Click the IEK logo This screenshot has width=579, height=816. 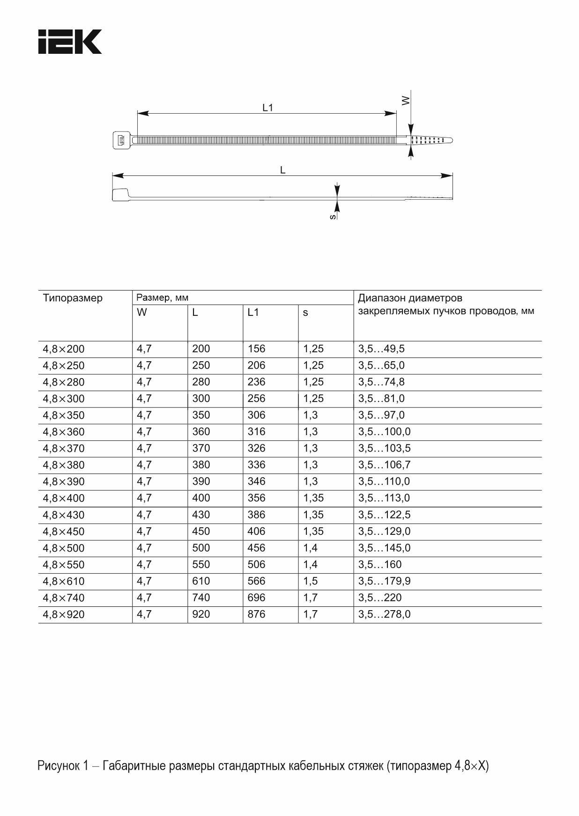[70, 42]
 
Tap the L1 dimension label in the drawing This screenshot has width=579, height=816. [267, 108]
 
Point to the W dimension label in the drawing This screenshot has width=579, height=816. [406, 100]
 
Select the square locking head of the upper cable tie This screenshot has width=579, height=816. [121, 140]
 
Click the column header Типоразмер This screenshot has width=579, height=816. [73, 298]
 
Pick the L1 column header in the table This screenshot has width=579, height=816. [253, 313]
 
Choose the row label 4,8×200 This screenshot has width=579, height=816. [64, 349]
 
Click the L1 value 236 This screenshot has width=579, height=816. [256, 382]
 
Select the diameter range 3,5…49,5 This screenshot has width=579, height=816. [381, 349]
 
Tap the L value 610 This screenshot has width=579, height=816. [201, 581]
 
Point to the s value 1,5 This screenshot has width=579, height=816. [310, 581]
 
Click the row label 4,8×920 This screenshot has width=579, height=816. [64, 614]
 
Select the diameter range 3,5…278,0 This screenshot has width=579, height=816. [384, 614]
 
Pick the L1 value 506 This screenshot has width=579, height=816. [256, 565]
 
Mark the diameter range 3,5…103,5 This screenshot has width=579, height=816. [384, 448]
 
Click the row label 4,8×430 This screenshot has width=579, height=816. [64, 515]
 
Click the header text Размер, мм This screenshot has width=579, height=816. [162, 298]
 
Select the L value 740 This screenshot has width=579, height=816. [201, 597]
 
